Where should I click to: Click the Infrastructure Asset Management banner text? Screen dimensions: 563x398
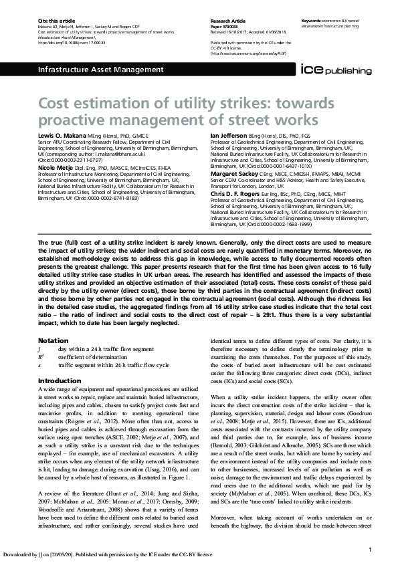(x=85, y=70)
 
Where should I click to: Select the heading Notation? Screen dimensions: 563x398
(x=53, y=340)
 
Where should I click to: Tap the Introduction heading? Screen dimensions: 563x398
(x=60, y=380)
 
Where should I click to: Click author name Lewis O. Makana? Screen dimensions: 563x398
(x=64, y=136)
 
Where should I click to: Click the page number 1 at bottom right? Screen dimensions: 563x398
(x=370, y=550)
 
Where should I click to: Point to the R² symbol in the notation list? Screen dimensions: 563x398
(x=41, y=357)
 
